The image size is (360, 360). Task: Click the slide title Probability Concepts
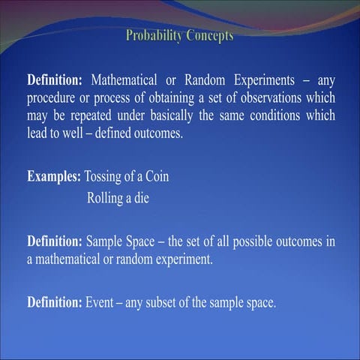179,35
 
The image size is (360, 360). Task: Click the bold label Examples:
54,178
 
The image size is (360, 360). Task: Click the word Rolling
105,199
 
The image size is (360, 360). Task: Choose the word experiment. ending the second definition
183,261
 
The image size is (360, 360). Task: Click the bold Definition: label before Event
54,303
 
